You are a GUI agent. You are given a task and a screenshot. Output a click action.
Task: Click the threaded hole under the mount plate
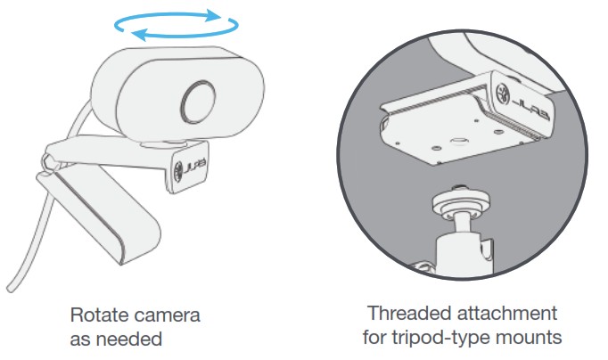point(455,140)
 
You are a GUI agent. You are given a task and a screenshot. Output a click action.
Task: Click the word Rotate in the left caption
point(95,316)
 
